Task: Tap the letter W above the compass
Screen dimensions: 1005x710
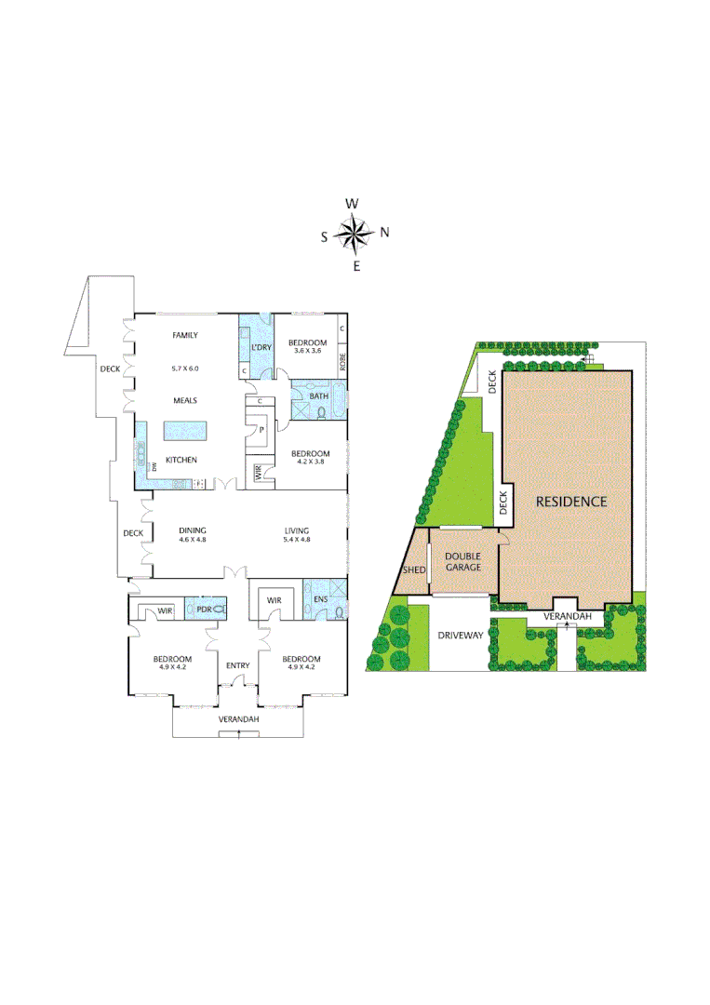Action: pos(352,204)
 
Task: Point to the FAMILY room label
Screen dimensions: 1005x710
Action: pos(186,336)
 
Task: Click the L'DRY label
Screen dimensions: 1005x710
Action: pos(260,347)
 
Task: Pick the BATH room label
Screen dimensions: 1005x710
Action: pos(319,396)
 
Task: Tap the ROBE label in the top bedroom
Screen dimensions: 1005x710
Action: pos(342,361)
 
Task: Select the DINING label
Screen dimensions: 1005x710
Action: pos(193,531)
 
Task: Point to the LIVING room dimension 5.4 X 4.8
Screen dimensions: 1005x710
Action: pos(297,540)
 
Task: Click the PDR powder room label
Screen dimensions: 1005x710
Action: pos(202,610)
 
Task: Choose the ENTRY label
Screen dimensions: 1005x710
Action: pos(237,665)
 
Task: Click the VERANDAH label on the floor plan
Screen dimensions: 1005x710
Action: pos(238,720)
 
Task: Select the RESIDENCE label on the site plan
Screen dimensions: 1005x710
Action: pos(571,502)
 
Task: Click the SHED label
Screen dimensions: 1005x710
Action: pos(412,569)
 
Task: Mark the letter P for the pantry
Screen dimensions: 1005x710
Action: pos(261,429)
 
